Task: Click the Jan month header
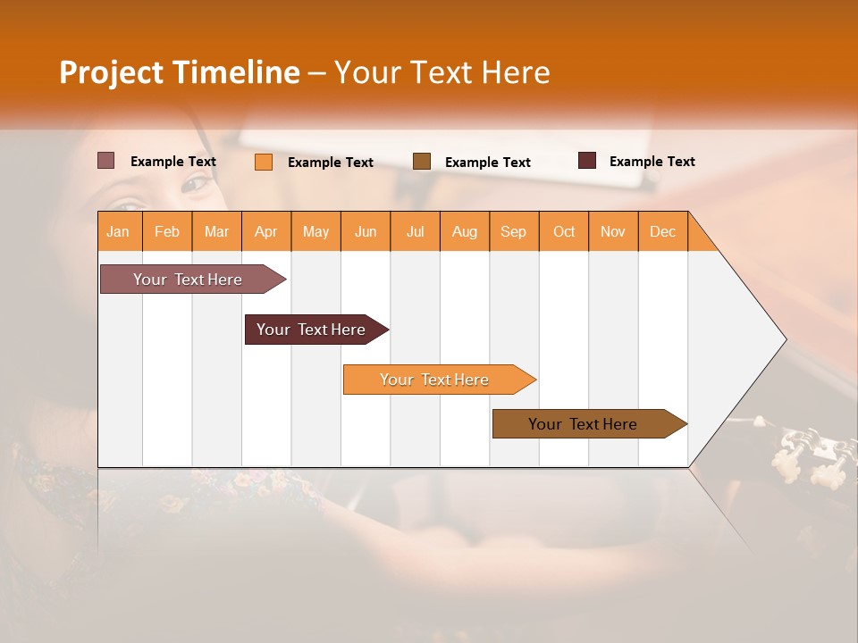(x=119, y=231)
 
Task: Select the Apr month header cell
(x=266, y=231)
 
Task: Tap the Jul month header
(x=415, y=231)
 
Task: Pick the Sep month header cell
(x=514, y=231)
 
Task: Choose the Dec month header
(x=662, y=231)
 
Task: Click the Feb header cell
(x=167, y=231)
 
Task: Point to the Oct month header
(x=564, y=231)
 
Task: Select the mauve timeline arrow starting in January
(x=189, y=280)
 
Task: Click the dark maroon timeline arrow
(x=312, y=330)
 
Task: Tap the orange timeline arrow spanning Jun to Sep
(x=435, y=380)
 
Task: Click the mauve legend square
(x=106, y=161)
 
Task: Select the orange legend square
(x=264, y=162)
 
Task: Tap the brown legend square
(x=422, y=162)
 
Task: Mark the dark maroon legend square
(x=587, y=161)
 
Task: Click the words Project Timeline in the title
(x=180, y=72)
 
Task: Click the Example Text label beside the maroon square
(x=652, y=162)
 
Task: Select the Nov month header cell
(x=613, y=231)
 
